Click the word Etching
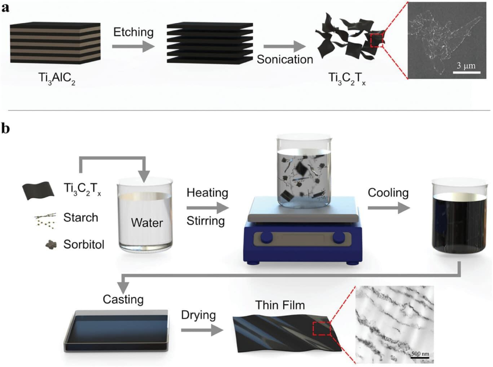click(x=133, y=33)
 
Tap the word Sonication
click(x=285, y=59)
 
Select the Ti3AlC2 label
click(x=57, y=78)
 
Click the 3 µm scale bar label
click(x=466, y=66)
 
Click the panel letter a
click(x=5, y=8)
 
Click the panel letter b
click(x=6, y=129)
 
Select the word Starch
click(x=81, y=218)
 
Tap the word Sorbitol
click(x=84, y=245)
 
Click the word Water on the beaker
click(x=147, y=223)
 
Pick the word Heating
click(x=207, y=193)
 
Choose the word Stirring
click(x=206, y=221)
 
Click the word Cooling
click(x=388, y=193)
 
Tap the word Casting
click(x=123, y=300)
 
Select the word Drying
click(x=198, y=315)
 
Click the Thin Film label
click(x=280, y=305)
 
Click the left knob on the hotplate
click(x=267, y=237)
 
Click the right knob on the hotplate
click(x=338, y=237)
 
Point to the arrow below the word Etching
click(x=133, y=47)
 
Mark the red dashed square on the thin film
click(x=322, y=329)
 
